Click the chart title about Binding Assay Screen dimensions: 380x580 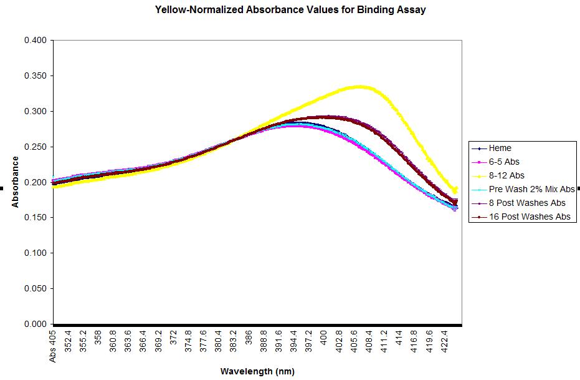click(290, 10)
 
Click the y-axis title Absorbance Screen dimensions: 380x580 click(15, 182)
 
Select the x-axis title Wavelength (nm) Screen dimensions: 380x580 click(257, 371)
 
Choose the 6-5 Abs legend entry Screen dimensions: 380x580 click(504, 162)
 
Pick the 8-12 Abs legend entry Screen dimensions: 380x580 click(506, 176)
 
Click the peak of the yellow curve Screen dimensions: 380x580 click(359, 87)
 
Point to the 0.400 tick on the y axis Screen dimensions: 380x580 click(36, 41)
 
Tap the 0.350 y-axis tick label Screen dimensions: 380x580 click(36, 76)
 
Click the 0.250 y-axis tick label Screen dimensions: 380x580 click(36, 147)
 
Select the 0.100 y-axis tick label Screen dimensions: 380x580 click(36, 253)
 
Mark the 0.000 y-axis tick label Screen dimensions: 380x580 click(36, 324)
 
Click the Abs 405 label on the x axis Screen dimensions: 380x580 click(54, 346)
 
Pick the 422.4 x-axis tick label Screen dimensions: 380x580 click(445, 342)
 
